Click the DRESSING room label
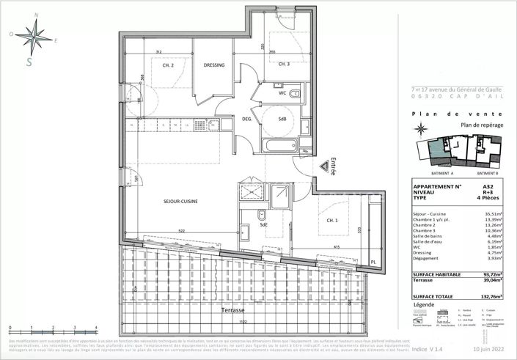[x=213, y=65]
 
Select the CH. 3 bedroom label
[x=285, y=64]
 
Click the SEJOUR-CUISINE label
[x=181, y=201]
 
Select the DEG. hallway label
[x=248, y=120]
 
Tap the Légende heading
[x=424, y=304]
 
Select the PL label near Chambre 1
[x=373, y=261]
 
